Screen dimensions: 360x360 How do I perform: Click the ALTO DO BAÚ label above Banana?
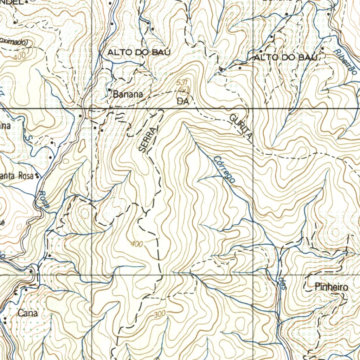coord(139,52)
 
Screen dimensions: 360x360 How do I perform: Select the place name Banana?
coord(128,94)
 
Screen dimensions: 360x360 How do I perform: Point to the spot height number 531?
coord(182,82)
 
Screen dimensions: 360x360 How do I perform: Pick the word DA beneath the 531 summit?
coord(183,102)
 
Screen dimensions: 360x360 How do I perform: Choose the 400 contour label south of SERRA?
coord(137,244)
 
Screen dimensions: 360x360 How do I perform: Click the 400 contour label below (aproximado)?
coord(20,56)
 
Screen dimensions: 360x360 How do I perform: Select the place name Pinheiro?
coord(331,287)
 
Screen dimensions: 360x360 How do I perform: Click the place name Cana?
coord(27,313)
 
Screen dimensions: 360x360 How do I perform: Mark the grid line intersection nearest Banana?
coord(92,108)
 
